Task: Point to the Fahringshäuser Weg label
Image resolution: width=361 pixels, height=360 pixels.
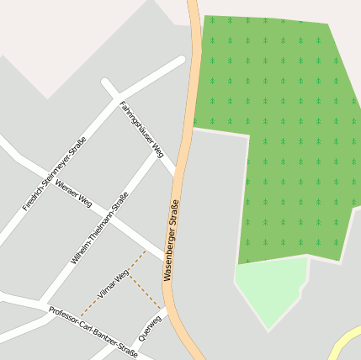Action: click(x=141, y=130)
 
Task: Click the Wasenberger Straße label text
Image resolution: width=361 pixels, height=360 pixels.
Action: click(x=172, y=240)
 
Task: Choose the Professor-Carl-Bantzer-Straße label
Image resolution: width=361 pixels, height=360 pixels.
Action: click(x=93, y=332)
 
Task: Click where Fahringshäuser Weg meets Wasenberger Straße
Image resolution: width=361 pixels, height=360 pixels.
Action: click(x=178, y=177)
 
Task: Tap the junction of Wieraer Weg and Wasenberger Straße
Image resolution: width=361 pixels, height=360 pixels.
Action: click(x=167, y=256)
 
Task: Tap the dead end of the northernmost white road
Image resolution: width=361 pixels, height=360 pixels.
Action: click(x=181, y=61)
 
